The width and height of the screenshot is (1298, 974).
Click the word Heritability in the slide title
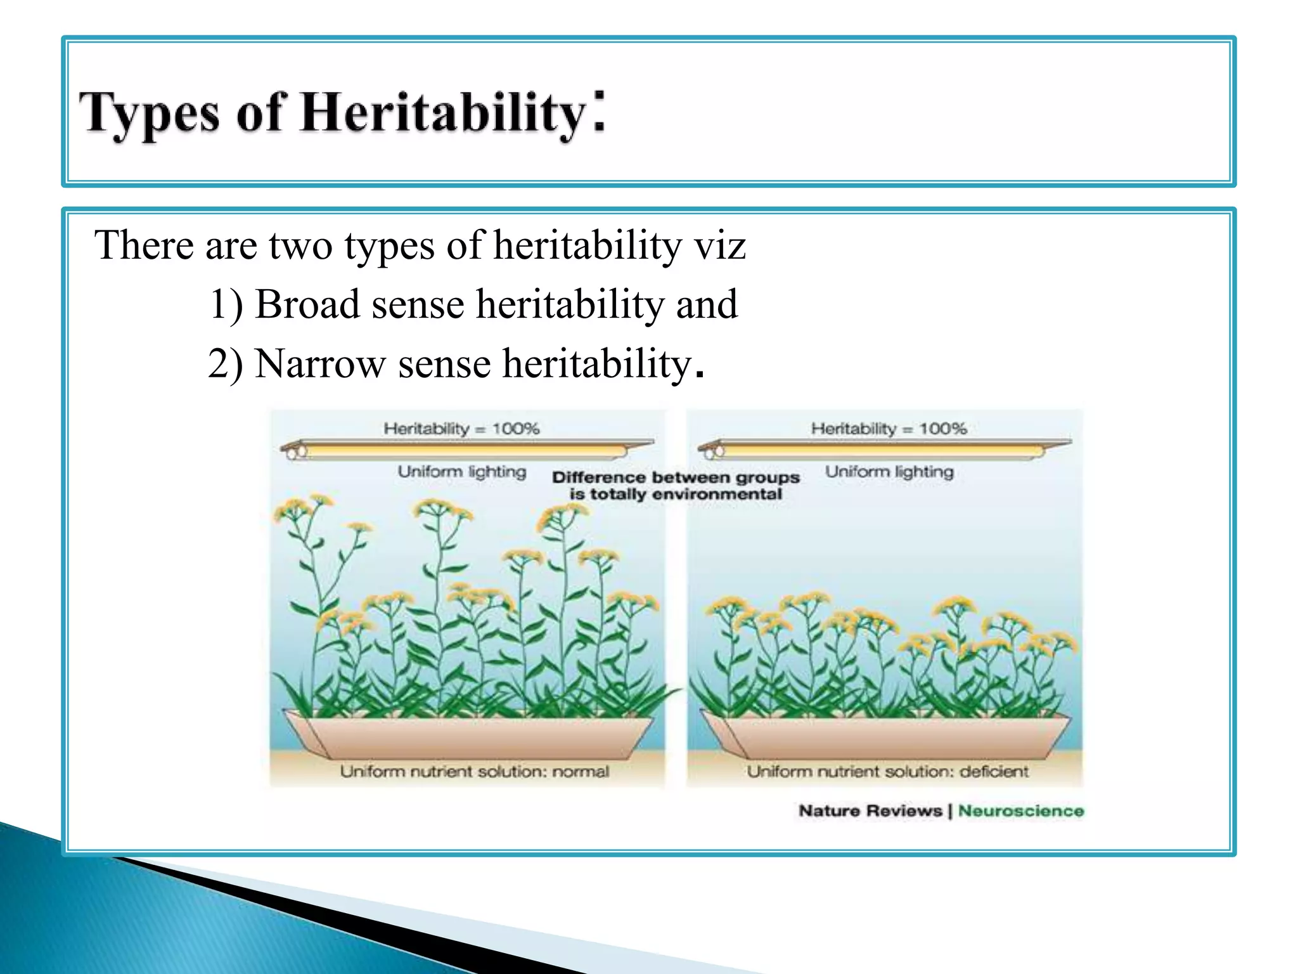click(x=444, y=113)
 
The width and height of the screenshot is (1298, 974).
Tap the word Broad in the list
click(x=307, y=304)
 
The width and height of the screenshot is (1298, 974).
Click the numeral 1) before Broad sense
click(x=226, y=304)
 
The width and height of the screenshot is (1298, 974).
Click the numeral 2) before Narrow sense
click(x=226, y=364)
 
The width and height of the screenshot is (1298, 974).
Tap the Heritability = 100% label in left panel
click(x=461, y=429)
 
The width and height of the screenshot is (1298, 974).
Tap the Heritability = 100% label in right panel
click(x=889, y=429)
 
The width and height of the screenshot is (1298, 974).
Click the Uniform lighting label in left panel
click(x=462, y=472)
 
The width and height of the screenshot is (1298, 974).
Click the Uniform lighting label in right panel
click(x=889, y=472)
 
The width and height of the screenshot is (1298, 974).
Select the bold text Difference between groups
click(x=676, y=477)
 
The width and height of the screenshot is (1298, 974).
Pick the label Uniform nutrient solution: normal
click(x=474, y=772)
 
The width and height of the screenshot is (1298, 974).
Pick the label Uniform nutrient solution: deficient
click(x=887, y=772)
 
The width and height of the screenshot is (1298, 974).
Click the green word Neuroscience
click(x=1020, y=811)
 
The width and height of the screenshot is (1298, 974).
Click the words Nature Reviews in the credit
click(x=870, y=811)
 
